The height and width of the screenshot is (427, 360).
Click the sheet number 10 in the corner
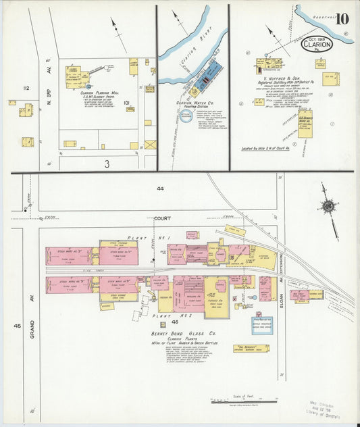coord(342,18)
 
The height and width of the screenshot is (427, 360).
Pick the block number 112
coord(26,88)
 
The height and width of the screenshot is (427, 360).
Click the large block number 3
coord(107,163)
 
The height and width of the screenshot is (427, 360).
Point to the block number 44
coord(160,189)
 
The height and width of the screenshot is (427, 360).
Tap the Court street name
coord(162,218)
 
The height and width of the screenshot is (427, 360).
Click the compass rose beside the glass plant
coord(328,205)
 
